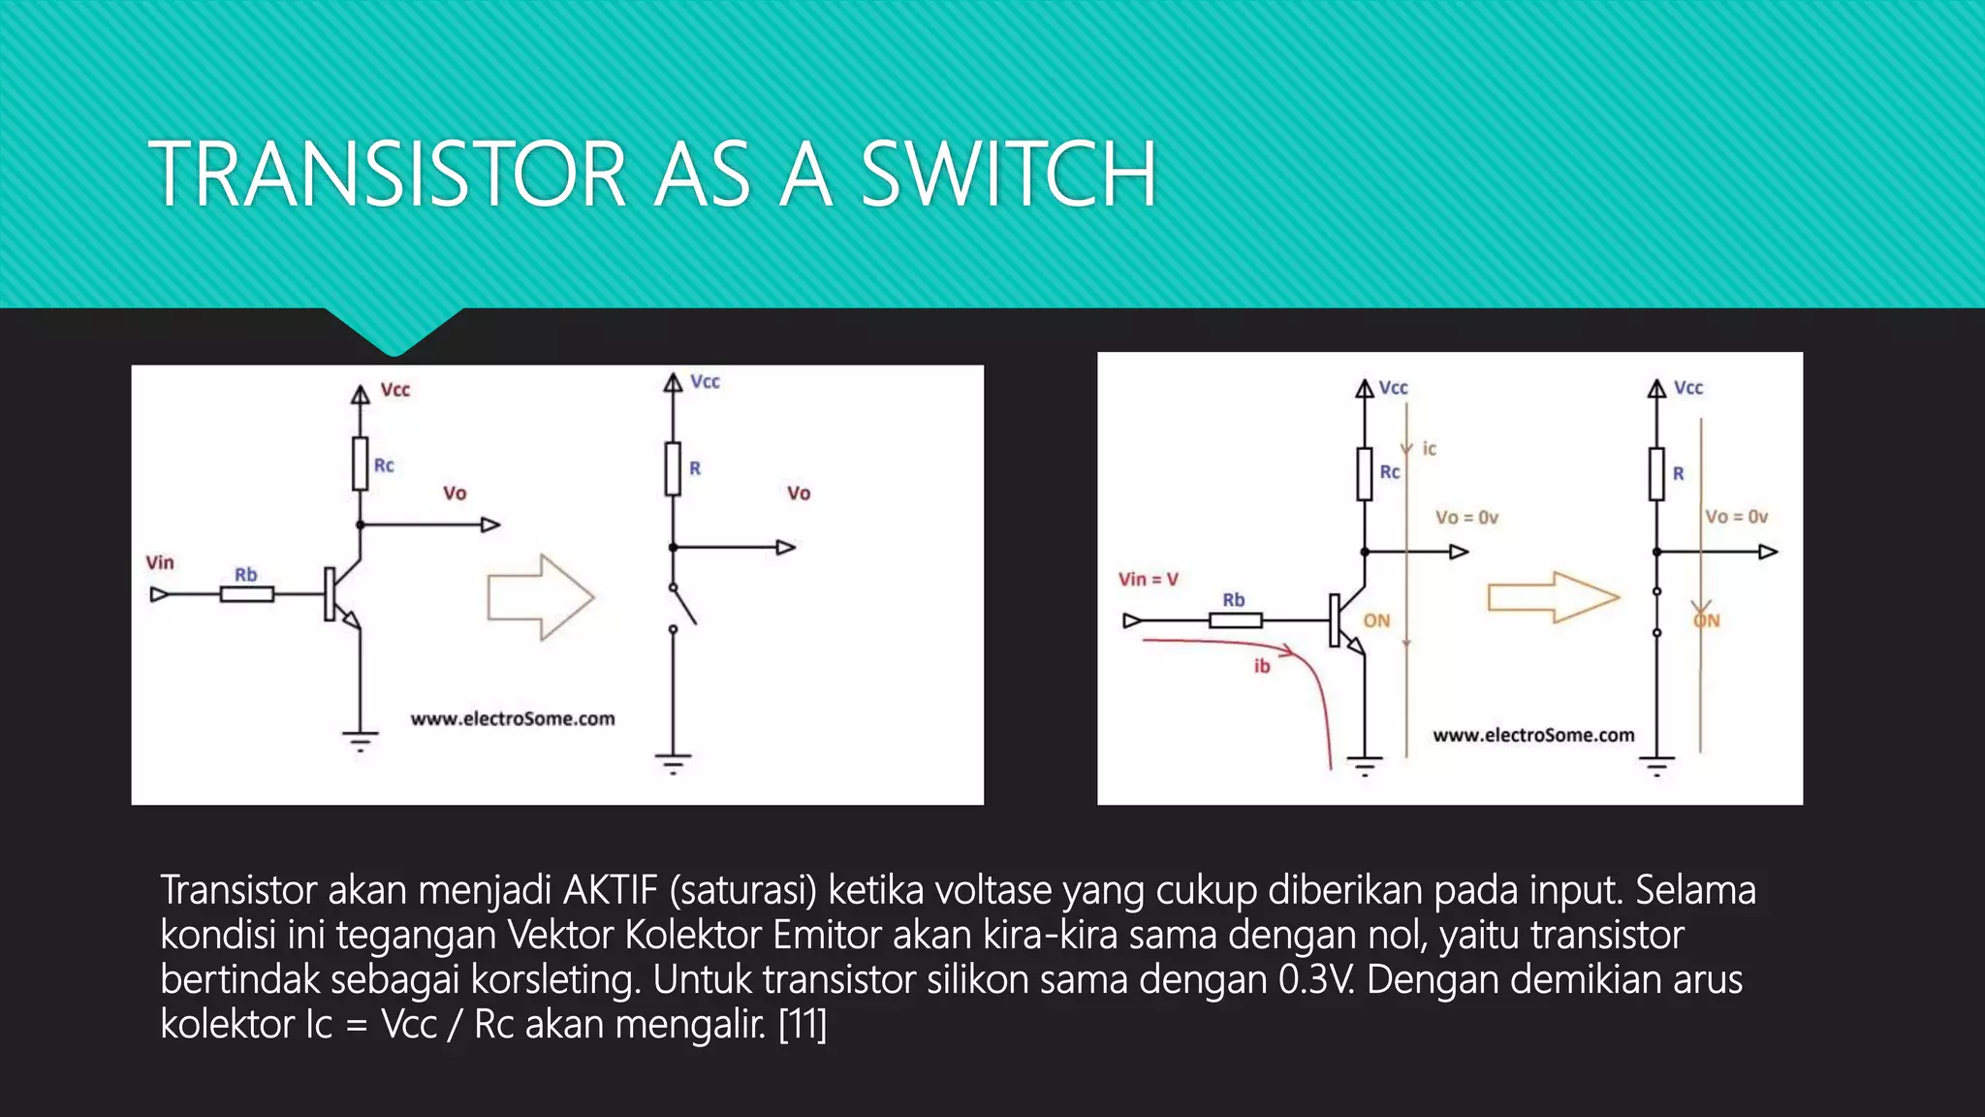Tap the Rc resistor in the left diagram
(360, 463)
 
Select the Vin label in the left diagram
(160, 562)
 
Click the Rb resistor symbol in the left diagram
(246, 594)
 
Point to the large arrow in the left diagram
(540, 597)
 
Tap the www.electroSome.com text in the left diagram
(512, 718)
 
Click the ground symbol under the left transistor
(360, 742)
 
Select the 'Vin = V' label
(1149, 579)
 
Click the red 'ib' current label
(1261, 666)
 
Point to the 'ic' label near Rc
(1429, 449)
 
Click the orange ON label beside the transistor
(1376, 621)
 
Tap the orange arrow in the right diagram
(1553, 597)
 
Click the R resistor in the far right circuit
(1656, 474)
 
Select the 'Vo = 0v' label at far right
(1736, 517)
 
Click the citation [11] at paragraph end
(803, 1024)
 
